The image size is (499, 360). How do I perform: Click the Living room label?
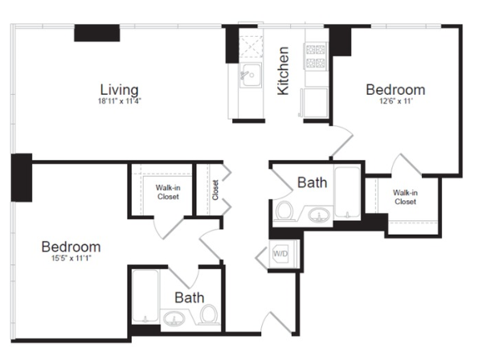point(120,90)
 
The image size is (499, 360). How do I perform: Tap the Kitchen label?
point(283,71)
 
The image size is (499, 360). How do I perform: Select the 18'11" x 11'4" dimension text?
point(120,101)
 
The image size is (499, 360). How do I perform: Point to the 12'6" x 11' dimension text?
point(395,101)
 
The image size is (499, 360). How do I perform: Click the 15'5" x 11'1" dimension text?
point(72,258)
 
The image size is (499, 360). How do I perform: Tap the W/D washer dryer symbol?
point(280,254)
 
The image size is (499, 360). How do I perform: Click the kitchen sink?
point(251,75)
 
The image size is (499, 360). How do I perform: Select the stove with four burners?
point(316,55)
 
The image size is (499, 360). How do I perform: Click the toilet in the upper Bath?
point(284,211)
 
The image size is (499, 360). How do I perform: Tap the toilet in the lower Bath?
point(210,314)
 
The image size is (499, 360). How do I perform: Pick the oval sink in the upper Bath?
point(318,215)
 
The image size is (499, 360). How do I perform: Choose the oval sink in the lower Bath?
point(174,318)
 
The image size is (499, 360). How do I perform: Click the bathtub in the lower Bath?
point(145,296)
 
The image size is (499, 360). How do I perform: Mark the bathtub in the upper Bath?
point(347,193)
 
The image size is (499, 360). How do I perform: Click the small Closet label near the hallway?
point(215,190)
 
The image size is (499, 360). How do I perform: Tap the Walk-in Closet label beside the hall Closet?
point(168,192)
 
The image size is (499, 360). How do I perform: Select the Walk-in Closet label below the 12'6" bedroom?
point(405,197)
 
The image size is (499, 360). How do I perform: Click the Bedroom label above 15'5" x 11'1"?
point(72,247)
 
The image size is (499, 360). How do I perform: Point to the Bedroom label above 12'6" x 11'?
point(395,90)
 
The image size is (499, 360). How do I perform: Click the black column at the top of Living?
point(97,33)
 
